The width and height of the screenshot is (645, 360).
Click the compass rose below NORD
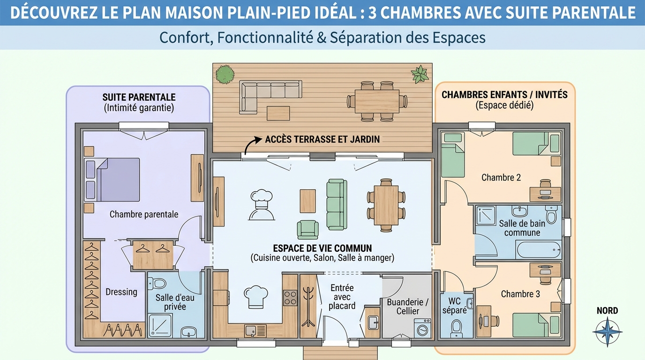click(607, 331)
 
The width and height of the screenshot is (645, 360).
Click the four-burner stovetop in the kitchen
click(290, 298)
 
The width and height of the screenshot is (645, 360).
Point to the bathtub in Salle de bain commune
click(539, 250)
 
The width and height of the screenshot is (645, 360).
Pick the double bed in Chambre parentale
click(112, 179)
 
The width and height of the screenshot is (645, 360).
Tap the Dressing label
click(121, 292)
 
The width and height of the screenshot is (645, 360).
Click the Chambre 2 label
click(501, 178)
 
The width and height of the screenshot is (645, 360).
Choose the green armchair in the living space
click(307, 229)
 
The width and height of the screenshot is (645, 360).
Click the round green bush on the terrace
click(225, 74)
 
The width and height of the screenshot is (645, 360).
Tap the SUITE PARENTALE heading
click(139, 97)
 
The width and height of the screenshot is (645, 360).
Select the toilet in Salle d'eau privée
click(159, 284)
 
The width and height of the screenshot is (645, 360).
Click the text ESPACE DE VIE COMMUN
click(322, 248)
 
